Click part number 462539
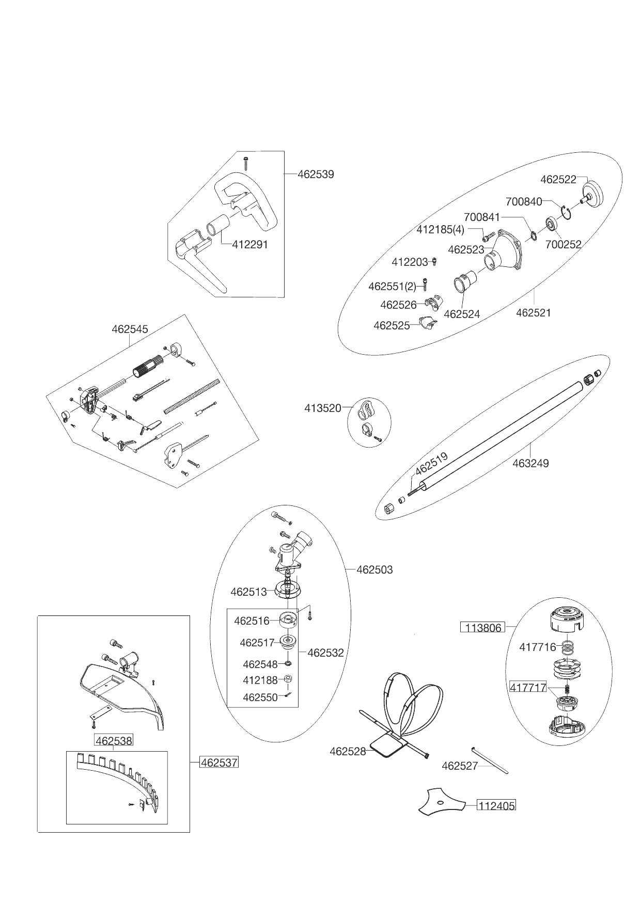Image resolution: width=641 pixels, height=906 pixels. click(x=316, y=174)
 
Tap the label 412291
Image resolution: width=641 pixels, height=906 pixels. click(x=250, y=245)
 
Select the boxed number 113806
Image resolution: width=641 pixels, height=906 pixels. click(x=482, y=628)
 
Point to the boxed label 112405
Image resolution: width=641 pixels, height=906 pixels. click(x=496, y=805)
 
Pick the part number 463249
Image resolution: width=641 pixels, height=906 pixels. click(x=530, y=463)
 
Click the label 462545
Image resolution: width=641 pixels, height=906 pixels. click(x=130, y=329)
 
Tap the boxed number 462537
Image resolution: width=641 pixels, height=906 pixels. click(x=219, y=762)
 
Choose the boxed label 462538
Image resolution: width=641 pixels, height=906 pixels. click(x=113, y=741)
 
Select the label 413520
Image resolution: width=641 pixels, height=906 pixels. click(x=323, y=408)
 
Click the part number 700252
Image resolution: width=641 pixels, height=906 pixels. click(x=564, y=244)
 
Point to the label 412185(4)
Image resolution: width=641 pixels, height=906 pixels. click(x=440, y=229)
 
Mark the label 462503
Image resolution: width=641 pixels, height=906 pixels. click(x=374, y=570)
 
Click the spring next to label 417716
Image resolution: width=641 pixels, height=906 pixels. click(x=567, y=646)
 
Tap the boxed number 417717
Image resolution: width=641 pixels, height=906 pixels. click(x=528, y=688)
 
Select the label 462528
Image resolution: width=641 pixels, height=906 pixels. click(x=348, y=752)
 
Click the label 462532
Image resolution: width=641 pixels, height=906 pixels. click(x=325, y=653)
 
